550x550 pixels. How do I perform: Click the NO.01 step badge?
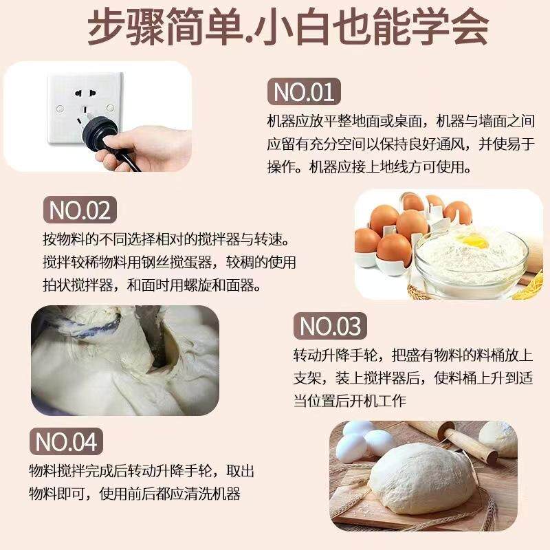coord(303,92)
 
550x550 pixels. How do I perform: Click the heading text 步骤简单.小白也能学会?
coord(275,28)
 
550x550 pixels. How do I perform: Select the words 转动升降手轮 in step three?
coord(333,356)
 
